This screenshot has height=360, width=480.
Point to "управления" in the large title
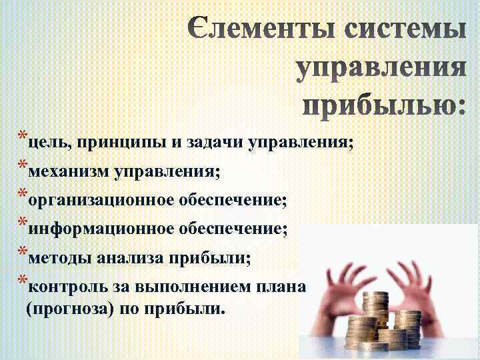click(379, 69)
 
